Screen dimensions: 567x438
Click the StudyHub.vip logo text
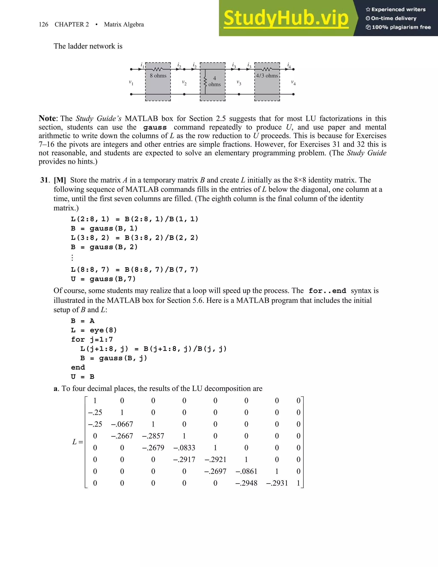click(x=286, y=18)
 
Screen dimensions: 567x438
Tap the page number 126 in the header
click(x=43, y=24)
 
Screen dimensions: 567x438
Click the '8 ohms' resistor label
click(x=158, y=76)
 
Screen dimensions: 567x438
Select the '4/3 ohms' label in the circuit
click(x=267, y=76)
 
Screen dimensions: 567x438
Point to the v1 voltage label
click(x=131, y=83)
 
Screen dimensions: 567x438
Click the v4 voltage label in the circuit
click(x=293, y=83)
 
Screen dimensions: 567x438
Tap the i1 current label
click(x=142, y=65)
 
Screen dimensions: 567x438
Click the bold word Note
click(x=47, y=118)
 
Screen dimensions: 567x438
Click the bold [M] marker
click(x=60, y=180)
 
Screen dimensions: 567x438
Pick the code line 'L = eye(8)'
click(x=94, y=330)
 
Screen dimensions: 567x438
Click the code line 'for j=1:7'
click(x=92, y=340)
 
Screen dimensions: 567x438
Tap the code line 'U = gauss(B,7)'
click(x=103, y=279)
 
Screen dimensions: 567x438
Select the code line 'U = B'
click(x=83, y=377)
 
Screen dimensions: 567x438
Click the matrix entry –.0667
click(x=122, y=424)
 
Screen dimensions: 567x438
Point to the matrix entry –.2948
click(x=246, y=483)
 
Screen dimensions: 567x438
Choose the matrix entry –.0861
click(x=246, y=471)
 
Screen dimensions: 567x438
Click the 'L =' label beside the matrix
click(x=77, y=442)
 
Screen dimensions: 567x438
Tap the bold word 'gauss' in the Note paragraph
click(x=155, y=128)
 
